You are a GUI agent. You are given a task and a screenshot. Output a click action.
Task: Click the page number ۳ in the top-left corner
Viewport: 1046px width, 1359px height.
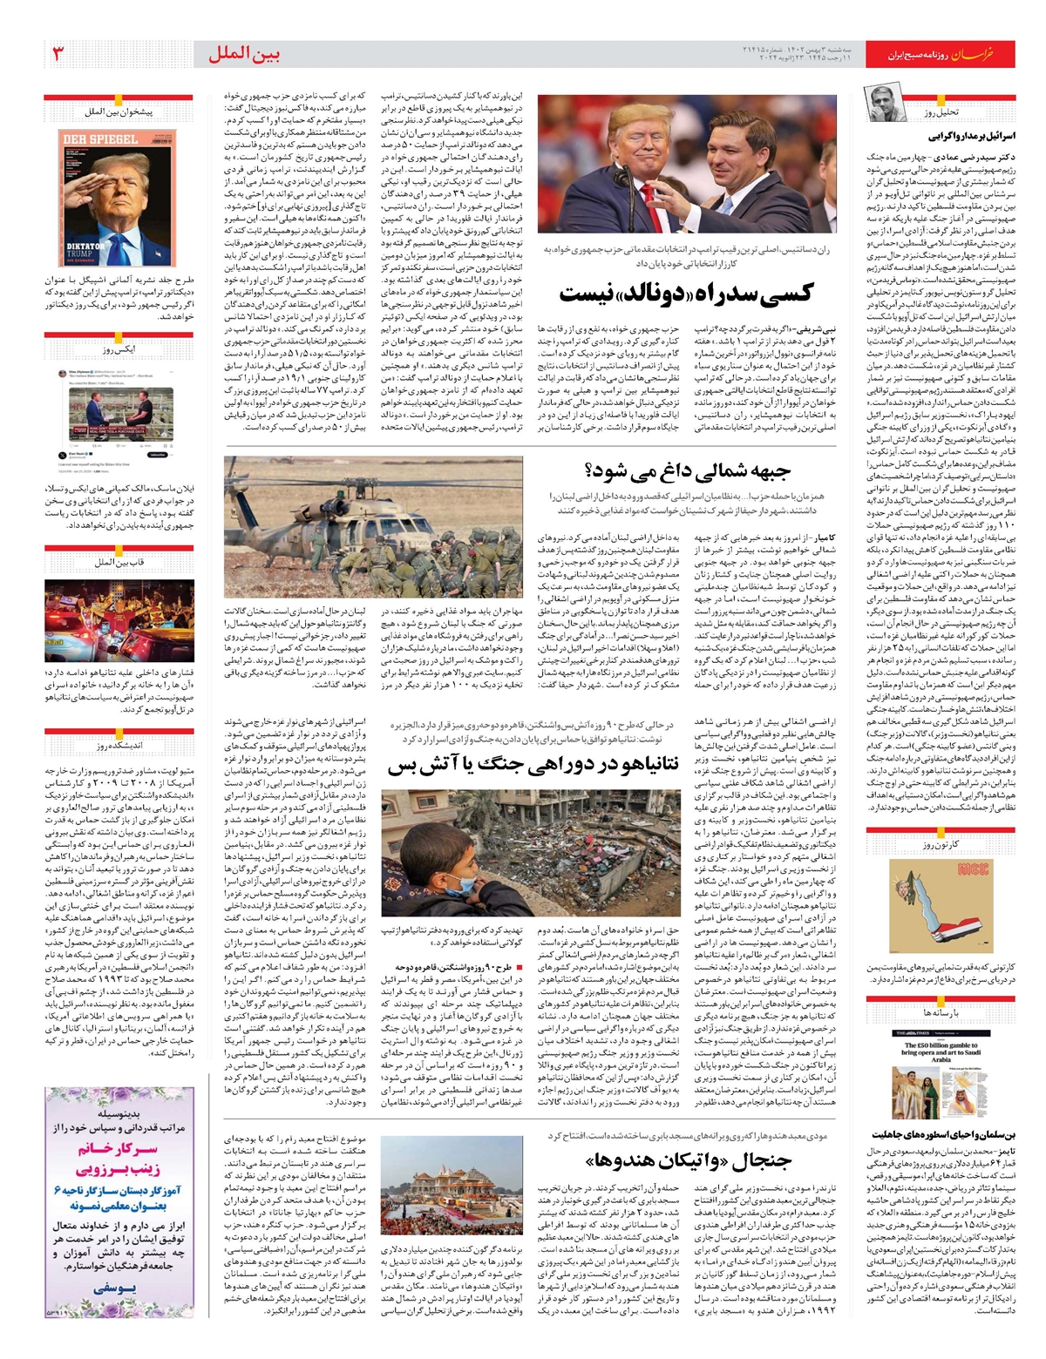coord(58,54)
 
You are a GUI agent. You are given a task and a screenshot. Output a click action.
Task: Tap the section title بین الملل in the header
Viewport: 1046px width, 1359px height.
coord(244,54)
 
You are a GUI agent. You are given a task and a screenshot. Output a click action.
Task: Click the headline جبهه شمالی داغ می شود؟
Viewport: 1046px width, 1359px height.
coord(689,471)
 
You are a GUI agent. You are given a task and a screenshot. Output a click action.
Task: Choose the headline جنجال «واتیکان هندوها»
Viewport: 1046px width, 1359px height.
coord(688,1160)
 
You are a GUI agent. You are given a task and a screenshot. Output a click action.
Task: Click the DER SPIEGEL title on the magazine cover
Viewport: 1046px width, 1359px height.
coord(99,139)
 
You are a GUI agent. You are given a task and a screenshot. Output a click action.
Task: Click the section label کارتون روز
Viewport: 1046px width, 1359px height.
coord(941,845)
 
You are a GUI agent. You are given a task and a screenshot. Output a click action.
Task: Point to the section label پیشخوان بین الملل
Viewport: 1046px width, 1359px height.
coord(119,112)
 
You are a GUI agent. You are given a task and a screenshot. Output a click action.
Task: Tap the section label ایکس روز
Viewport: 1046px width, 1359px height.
coord(119,349)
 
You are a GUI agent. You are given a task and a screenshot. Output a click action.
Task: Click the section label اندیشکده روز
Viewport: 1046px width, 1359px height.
coord(119,746)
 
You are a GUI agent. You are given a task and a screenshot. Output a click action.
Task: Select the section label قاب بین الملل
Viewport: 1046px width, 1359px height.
coord(119,563)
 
